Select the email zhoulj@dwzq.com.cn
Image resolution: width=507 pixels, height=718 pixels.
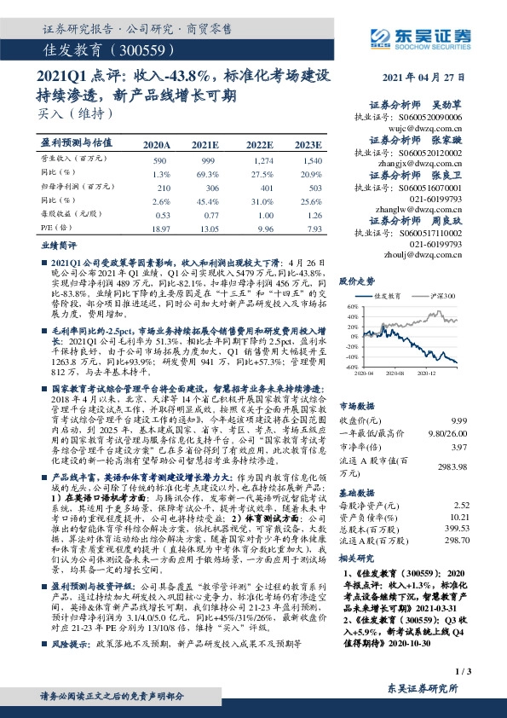(441, 254)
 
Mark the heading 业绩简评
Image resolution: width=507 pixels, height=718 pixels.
(57, 244)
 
